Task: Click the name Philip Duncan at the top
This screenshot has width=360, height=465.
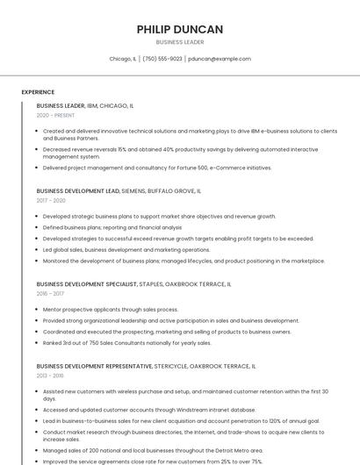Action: tap(180, 29)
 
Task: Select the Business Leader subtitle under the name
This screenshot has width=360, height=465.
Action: tap(180, 42)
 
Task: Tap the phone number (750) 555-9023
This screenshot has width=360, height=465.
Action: tap(162, 59)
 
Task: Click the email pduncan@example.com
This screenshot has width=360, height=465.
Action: tap(220, 59)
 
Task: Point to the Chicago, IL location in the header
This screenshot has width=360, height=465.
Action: tap(123, 59)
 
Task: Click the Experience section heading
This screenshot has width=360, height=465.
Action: tap(38, 92)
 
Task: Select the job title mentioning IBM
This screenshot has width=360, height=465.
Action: tap(85, 105)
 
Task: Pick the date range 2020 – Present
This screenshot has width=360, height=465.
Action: tap(55, 115)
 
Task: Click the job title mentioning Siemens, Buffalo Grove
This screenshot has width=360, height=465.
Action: tap(119, 190)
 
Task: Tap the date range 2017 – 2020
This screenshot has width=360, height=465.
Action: tap(51, 200)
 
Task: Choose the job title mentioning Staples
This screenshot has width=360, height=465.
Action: tap(133, 284)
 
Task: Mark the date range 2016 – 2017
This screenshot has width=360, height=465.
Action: tap(50, 294)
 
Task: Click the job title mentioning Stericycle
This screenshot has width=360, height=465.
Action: tap(146, 366)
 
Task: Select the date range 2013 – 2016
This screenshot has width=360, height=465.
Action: tap(50, 376)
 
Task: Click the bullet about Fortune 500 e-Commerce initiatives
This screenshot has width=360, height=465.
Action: tap(157, 168)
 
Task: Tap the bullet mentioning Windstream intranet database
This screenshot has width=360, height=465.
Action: tap(149, 410)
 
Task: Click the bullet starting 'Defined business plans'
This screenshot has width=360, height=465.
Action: tap(112, 227)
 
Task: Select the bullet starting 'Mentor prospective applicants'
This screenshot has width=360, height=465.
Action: tap(110, 310)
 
